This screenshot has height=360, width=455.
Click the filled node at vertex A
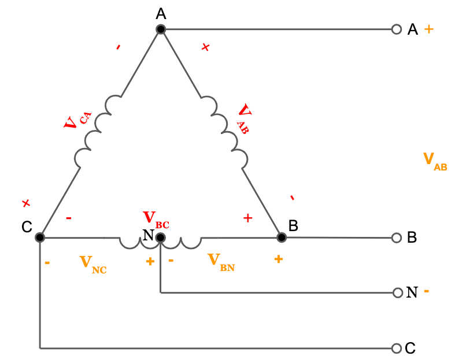pos(161,29)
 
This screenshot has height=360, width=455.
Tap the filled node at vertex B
pos(282,237)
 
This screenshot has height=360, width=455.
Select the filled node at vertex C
pos(40,237)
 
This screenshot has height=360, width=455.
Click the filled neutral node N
pos(161,238)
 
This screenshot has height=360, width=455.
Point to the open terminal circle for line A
pos(397,29)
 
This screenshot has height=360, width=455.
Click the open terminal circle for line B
pos(397,238)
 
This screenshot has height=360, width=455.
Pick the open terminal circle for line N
pos(398,293)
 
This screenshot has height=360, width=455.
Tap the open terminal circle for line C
pos(397,348)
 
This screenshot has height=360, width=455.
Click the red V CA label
pos(77,120)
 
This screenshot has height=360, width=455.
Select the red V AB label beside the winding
pos(245,118)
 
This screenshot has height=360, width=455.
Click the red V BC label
pos(156,220)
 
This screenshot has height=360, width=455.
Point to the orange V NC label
pos(93,265)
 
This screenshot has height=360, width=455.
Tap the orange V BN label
pos(221,262)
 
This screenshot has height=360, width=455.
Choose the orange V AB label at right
pos(435,162)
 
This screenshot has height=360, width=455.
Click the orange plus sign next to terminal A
pos(429,29)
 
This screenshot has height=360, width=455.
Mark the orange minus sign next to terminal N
pos(427,291)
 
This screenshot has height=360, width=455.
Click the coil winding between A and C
pos(98,131)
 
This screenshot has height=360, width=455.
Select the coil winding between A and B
pos(224,132)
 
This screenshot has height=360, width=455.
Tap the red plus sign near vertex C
pos(26,203)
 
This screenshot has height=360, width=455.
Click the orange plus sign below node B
pos(279,259)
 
